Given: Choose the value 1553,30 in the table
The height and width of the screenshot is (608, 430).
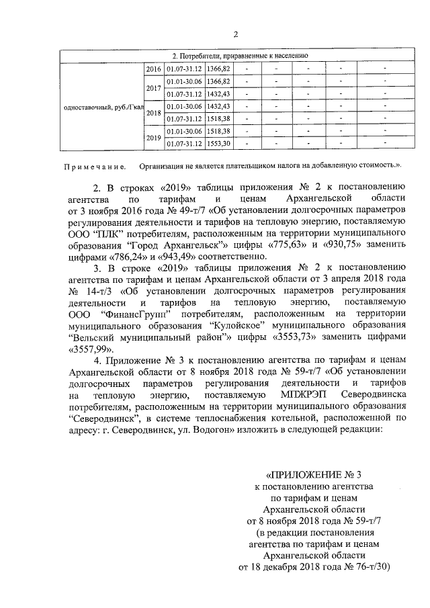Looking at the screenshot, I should pos(218,143).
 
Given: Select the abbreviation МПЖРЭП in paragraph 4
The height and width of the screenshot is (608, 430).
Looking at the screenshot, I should pos(300,394).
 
